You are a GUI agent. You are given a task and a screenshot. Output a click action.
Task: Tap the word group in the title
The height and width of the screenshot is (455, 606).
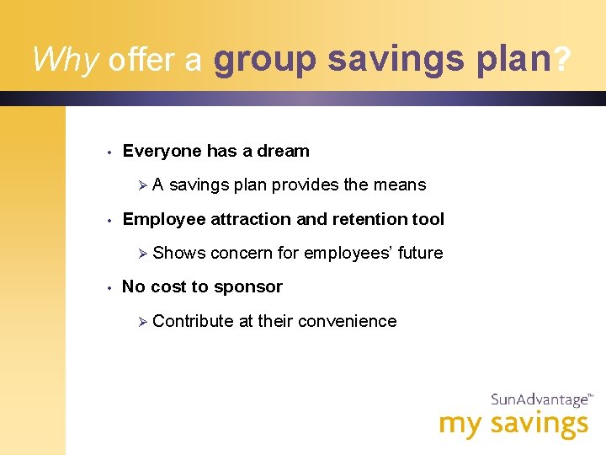[x=265, y=60]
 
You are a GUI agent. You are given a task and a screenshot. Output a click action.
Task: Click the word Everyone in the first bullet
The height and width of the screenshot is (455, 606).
[x=162, y=152]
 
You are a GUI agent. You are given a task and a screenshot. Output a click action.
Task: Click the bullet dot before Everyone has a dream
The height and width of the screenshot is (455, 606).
[x=110, y=153]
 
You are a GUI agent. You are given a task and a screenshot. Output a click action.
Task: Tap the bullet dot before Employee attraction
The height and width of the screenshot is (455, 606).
[x=110, y=221]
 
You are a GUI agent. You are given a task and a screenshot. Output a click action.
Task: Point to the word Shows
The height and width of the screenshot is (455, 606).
[x=178, y=254]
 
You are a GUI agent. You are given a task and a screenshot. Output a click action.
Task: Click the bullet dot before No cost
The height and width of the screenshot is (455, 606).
[x=110, y=288]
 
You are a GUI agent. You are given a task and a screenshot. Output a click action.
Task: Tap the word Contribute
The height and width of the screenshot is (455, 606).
[x=193, y=321]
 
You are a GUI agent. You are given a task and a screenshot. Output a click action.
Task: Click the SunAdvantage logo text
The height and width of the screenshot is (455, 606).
[x=539, y=400]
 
